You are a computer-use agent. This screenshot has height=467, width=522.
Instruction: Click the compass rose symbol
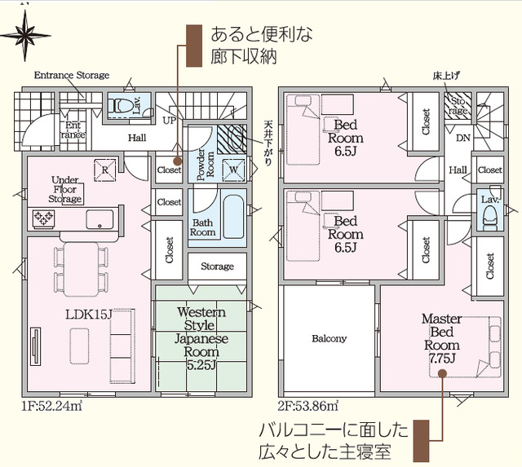click(25, 35)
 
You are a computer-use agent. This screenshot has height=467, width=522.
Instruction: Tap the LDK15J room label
click(88, 315)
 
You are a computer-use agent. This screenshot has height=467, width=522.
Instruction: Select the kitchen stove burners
click(43, 219)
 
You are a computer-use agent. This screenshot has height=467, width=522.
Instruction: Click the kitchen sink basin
click(100, 219)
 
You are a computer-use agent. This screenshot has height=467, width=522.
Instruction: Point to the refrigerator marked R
click(105, 170)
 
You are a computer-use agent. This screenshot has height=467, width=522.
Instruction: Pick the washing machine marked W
click(234, 170)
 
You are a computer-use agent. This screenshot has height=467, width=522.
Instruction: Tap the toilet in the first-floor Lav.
click(119, 106)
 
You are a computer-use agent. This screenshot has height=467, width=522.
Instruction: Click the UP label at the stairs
click(170, 120)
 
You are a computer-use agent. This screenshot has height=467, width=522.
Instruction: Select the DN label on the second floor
click(463, 138)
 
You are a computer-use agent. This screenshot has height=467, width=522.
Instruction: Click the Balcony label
click(330, 338)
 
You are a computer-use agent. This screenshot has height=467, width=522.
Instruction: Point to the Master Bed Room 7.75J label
click(441, 338)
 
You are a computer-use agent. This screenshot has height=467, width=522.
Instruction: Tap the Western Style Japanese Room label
click(201, 338)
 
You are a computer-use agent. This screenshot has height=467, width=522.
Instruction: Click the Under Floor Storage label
click(65, 190)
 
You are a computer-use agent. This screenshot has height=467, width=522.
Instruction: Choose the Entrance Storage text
click(72, 75)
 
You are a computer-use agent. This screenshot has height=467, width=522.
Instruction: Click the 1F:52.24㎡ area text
click(52, 406)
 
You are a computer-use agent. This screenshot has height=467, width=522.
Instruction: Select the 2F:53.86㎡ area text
click(308, 406)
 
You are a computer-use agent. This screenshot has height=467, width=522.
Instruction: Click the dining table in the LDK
click(82, 270)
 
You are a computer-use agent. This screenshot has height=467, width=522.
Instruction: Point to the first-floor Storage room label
click(217, 267)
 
